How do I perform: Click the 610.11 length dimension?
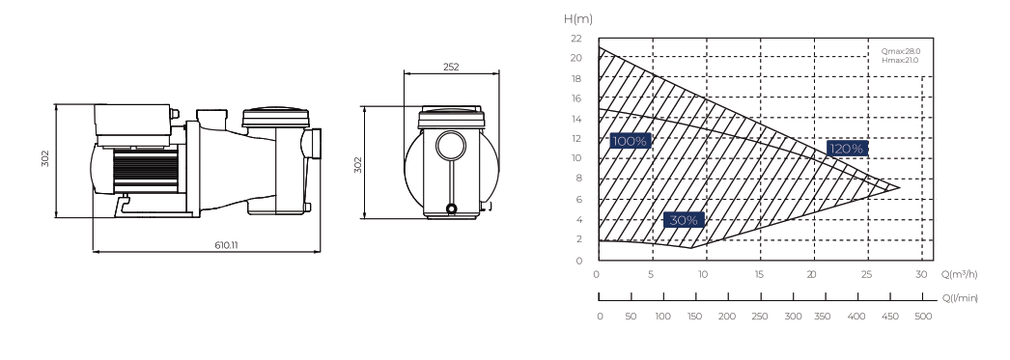pyautogui.click(x=226, y=245)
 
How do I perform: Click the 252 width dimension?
pyautogui.click(x=452, y=67)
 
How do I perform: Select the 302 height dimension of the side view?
pyautogui.click(x=45, y=158)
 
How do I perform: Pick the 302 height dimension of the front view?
pyautogui.click(x=358, y=165)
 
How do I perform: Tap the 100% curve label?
pyautogui.click(x=630, y=141)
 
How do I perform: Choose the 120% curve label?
pyautogui.click(x=847, y=149)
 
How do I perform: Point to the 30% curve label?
pyautogui.click(x=684, y=220)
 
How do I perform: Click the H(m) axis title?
pyautogui.click(x=577, y=18)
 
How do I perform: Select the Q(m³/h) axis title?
pyautogui.click(x=960, y=274)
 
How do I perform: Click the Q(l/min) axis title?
pyautogui.click(x=961, y=297)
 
